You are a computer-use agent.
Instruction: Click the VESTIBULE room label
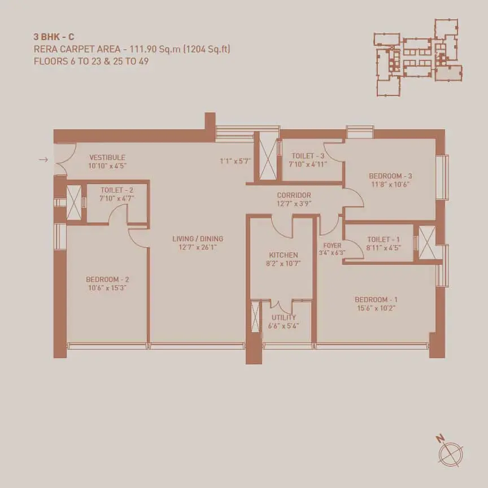pyautogui.click(x=107, y=158)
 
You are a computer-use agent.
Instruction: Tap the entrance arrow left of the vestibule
pyautogui.click(x=43, y=160)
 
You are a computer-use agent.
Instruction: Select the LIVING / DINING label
pyautogui.click(x=198, y=239)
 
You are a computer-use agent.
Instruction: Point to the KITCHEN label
pyautogui.click(x=284, y=255)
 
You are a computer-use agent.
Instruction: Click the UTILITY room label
pyautogui.click(x=284, y=318)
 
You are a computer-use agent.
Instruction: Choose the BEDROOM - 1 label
pyautogui.click(x=376, y=300)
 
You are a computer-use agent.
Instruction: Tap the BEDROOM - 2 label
pyautogui.click(x=107, y=280)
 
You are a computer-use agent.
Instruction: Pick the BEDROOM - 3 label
pyautogui.click(x=391, y=176)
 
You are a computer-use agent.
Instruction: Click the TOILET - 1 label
pyautogui.click(x=384, y=239)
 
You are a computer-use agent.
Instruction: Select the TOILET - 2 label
pyautogui.click(x=117, y=190)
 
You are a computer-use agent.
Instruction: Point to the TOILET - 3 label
pyautogui.click(x=308, y=156)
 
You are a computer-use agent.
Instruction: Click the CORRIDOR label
pyautogui.click(x=294, y=195)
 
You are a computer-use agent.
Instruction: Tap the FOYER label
pyautogui.click(x=332, y=246)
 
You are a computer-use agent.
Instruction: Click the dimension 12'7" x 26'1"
pyautogui.click(x=198, y=247)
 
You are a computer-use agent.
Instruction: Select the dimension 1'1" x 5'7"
pyautogui.click(x=236, y=161)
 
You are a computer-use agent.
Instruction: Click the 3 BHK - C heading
pyautogui.click(x=54, y=37)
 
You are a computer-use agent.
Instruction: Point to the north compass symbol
pyautogui.click(x=450, y=452)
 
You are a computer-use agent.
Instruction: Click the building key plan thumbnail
pyautogui.click(x=418, y=58)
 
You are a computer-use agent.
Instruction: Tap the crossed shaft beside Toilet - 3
pyautogui.click(x=268, y=159)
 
